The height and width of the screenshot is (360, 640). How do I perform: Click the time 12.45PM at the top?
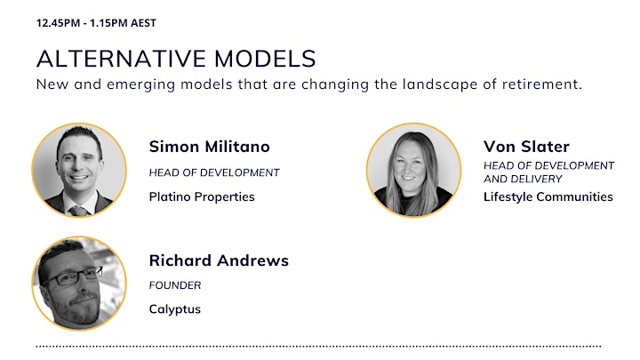tap(58, 23)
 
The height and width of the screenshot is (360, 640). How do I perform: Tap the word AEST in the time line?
tap(143, 23)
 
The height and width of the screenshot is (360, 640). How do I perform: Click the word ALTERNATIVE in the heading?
tap(121, 59)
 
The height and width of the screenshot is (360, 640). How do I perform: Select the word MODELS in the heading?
tap(265, 59)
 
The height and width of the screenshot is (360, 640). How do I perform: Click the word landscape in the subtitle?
tap(440, 85)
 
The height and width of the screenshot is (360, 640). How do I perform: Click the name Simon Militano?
tap(210, 147)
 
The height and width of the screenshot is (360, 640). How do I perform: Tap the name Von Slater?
tap(526, 147)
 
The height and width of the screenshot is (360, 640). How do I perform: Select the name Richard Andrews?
tap(219, 260)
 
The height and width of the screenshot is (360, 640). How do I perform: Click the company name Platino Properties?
tap(202, 197)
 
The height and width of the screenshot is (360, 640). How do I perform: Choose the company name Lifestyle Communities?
tap(548, 197)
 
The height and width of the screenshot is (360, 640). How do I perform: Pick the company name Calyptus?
tap(175, 309)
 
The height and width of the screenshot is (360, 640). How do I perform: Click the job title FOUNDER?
tap(175, 285)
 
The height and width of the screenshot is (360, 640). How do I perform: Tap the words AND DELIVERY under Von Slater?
tap(523, 179)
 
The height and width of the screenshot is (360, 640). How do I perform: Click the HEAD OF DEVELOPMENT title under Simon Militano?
tap(214, 172)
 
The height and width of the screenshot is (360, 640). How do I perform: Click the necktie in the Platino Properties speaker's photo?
tap(78, 210)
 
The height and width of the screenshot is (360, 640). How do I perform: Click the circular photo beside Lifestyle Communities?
tap(413, 170)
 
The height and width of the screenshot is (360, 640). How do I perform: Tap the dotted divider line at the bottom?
tap(318, 347)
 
